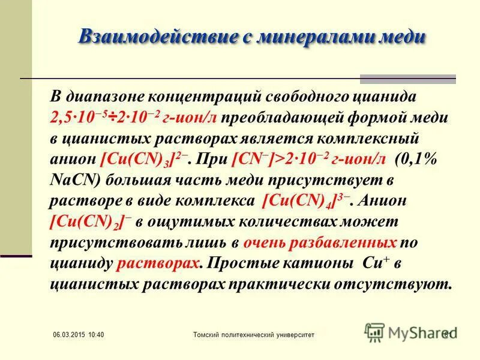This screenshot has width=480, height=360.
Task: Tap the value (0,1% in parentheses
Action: click(x=417, y=160)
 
